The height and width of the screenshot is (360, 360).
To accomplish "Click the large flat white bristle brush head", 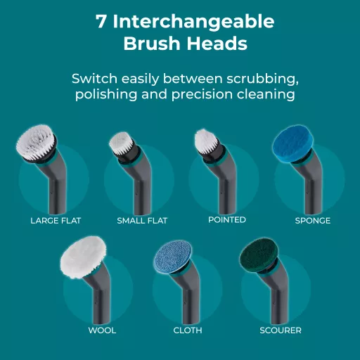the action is (x=36, y=143).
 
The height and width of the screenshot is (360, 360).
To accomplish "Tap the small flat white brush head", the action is (x=120, y=143).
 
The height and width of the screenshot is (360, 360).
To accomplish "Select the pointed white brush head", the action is (x=205, y=141).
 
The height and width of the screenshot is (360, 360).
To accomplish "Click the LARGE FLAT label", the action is (x=56, y=221).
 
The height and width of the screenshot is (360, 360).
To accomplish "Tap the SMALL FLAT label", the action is (x=142, y=221).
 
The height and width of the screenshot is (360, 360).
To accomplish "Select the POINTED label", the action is (x=227, y=220).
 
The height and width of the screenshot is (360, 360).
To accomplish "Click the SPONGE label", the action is (x=313, y=221).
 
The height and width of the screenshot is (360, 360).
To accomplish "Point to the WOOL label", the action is (x=102, y=330).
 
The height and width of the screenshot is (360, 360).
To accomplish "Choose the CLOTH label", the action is (x=188, y=330).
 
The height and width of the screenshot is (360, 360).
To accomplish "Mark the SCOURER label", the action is (x=281, y=330).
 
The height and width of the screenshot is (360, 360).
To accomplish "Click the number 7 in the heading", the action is (x=101, y=22).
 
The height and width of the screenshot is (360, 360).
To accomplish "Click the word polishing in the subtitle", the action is (x=106, y=95).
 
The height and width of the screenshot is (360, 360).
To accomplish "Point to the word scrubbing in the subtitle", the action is (x=262, y=79).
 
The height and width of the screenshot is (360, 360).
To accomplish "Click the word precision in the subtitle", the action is (x=202, y=95).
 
